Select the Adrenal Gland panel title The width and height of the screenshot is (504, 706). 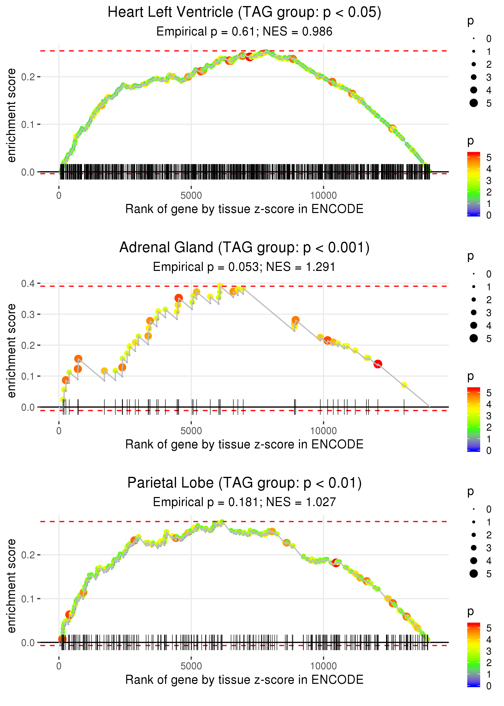pos(244,248)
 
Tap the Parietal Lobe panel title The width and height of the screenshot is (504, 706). pos(244,483)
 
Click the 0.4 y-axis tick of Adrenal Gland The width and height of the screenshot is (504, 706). pos(28,283)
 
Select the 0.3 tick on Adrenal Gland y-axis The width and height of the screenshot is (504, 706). pos(28,314)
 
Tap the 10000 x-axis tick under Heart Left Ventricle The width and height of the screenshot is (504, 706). pos(323,196)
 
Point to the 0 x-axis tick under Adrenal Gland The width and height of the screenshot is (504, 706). pos(59,431)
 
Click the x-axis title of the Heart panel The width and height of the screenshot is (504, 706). pos(244,209)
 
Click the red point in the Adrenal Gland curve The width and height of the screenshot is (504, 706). pos(378,364)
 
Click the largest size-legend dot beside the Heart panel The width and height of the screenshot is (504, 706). pos(474,103)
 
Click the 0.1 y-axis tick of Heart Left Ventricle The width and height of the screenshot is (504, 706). pos(28,124)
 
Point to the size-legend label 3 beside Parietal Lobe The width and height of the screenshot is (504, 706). pos(489,548)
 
